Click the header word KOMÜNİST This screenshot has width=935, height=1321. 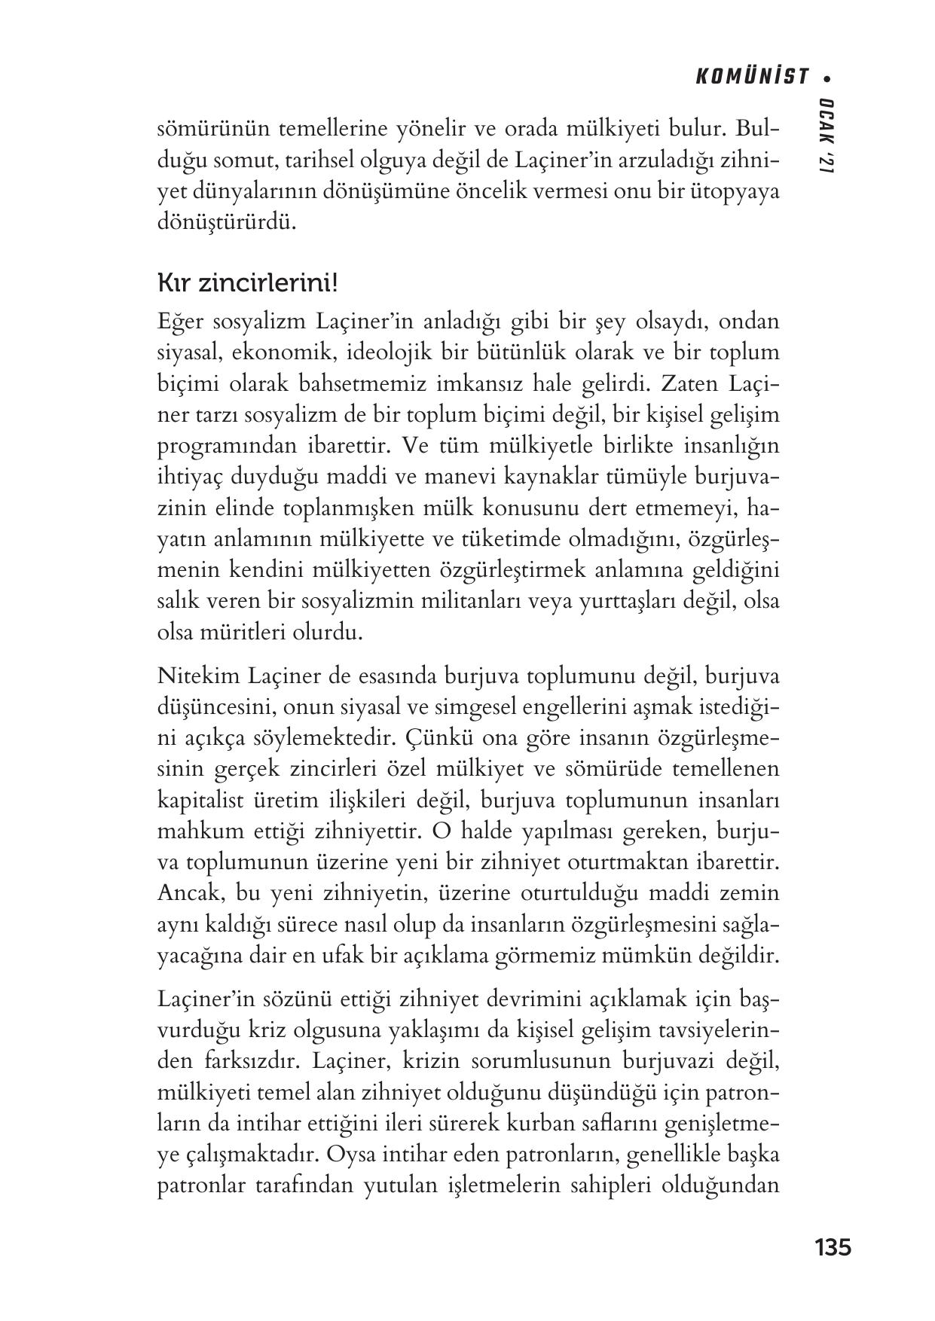(x=751, y=77)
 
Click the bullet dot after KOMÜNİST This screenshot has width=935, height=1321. (x=827, y=77)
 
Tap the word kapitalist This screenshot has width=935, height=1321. (x=199, y=800)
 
